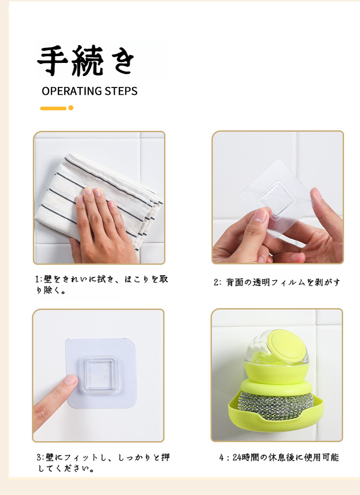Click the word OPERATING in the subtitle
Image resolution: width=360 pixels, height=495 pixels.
[72, 91]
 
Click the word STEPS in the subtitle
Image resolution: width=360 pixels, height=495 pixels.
[121, 91]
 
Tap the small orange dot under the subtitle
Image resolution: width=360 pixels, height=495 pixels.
[71, 108]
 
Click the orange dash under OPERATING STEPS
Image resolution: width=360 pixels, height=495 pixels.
[53, 108]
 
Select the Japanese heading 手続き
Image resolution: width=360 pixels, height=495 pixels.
[86, 61]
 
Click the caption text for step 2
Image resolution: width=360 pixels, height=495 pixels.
[277, 282]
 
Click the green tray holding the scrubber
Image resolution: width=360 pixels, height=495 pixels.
[276, 415]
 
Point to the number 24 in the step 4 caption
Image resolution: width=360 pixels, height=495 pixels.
[237, 458]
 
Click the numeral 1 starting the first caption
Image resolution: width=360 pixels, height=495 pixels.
[37, 279]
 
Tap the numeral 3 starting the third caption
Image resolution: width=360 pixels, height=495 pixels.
[39, 458]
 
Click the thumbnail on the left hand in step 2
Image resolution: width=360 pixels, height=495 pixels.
[260, 215]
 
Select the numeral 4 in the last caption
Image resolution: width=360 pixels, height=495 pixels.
[221, 458]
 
